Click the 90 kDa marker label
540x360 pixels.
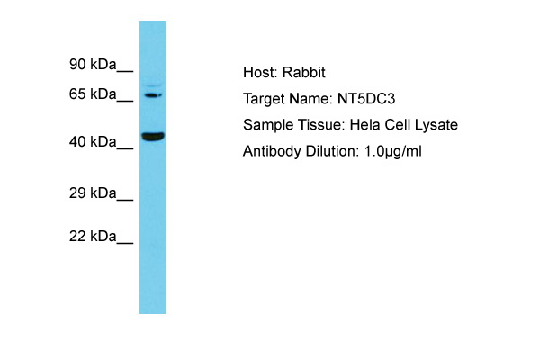(x=93, y=65)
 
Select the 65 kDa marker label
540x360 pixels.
(x=93, y=94)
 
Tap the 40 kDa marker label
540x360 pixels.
(x=93, y=141)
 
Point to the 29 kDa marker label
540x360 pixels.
(x=93, y=193)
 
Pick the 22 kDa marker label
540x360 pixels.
(x=93, y=237)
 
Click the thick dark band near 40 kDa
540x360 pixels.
(x=153, y=137)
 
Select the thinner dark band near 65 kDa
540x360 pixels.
(x=153, y=95)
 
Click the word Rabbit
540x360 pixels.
(x=304, y=72)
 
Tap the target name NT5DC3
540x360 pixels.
(x=366, y=99)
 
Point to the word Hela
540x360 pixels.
(x=365, y=125)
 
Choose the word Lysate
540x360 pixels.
(x=436, y=125)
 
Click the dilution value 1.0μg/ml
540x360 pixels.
(x=393, y=151)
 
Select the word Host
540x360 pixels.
(x=260, y=72)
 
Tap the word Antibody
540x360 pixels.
(x=272, y=151)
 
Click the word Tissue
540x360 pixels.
(x=321, y=125)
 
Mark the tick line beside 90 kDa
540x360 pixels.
(x=125, y=71)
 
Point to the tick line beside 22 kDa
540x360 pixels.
(x=125, y=243)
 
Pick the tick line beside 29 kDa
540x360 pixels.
(x=125, y=200)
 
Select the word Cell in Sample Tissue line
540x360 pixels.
(x=398, y=125)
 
